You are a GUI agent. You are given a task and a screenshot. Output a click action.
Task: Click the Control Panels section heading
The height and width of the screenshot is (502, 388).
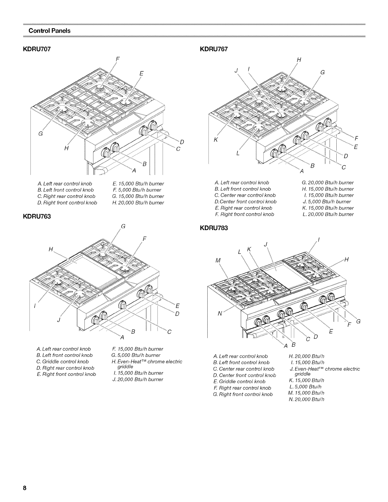(x=49, y=31)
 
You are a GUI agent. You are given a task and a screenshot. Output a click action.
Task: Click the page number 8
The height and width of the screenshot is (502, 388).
(x=24, y=487)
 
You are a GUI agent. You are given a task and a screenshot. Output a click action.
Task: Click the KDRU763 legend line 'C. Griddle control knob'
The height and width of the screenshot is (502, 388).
(x=63, y=362)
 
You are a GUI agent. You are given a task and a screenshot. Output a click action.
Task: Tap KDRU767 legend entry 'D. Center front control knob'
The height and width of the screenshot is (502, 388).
(x=245, y=202)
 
